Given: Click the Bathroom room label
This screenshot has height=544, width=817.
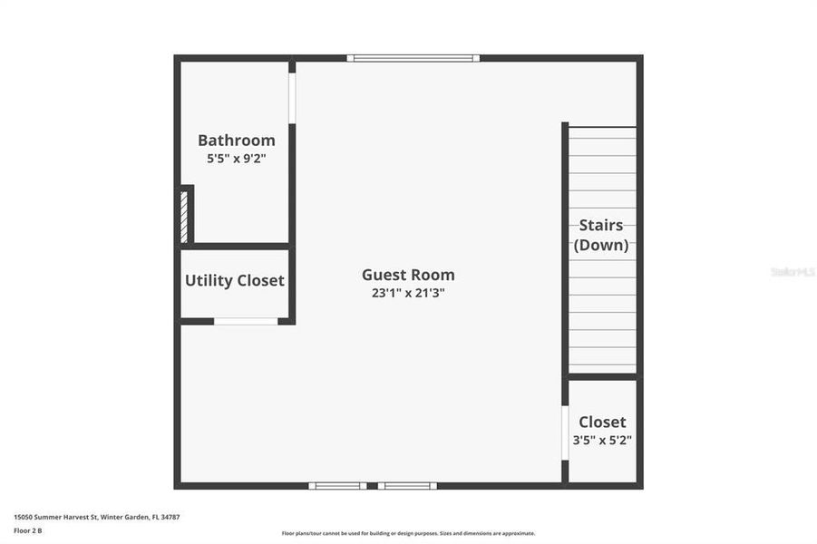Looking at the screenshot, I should point(236,141).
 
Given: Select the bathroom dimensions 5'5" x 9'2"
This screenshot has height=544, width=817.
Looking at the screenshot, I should point(236,159).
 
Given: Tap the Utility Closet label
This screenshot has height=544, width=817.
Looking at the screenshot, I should point(235,281).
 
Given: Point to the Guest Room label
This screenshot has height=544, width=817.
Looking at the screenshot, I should point(408,275).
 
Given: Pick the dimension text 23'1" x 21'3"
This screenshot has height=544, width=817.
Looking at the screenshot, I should point(408,293).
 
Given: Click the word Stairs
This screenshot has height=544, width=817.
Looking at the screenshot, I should point(601,225).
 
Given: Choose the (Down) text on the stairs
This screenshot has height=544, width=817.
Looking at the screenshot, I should point(601,245).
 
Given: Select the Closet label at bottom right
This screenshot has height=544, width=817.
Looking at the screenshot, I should point(602,423).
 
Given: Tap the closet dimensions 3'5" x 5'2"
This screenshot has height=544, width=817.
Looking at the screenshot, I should point(602,441).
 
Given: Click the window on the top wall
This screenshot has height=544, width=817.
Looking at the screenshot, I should point(413,58).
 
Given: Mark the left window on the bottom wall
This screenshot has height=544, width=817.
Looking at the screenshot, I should point(337,486).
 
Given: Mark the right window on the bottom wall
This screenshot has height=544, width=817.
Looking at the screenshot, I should point(407,486).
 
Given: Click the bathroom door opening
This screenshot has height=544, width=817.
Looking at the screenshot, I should point(292,98).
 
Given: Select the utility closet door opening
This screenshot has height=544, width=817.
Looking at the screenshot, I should point(246,321).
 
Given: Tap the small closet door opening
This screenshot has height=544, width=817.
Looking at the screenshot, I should point(565,432).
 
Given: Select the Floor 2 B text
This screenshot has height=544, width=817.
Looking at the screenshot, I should point(27,530).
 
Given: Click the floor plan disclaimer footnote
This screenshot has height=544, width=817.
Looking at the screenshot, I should point(408,533).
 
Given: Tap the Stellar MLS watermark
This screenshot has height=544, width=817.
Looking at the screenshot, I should point(793,272).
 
